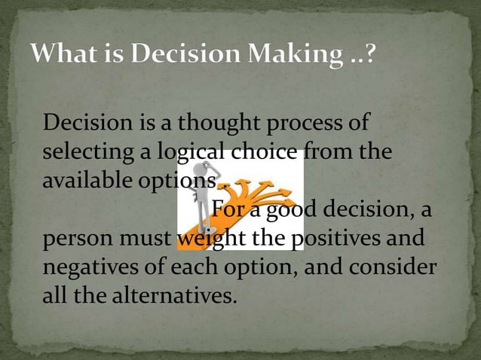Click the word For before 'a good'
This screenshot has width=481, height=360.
click(x=228, y=209)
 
